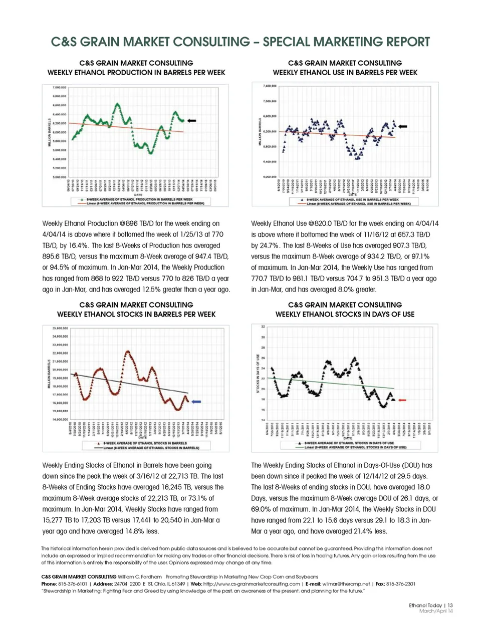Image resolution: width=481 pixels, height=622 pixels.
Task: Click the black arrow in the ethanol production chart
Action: pyautogui.click(x=191, y=121)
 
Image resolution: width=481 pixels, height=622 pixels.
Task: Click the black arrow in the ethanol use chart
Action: pyautogui.click(x=402, y=127)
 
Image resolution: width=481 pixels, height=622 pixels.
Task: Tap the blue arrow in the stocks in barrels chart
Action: pyautogui.click(x=196, y=402)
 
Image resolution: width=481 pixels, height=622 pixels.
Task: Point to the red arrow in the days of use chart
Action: pyautogui.click(x=402, y=400)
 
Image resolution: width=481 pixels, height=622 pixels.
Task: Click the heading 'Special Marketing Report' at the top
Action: pyautogui.click(x=346, y=42)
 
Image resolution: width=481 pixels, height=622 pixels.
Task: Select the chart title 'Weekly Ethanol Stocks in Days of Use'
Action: pyautogui.click(x=345, y=314)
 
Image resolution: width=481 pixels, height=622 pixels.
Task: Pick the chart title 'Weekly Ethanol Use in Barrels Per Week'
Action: pyautogui.click(x=345, y=73)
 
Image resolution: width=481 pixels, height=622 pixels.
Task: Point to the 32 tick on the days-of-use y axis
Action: pyautogui.click(x=263, y=327)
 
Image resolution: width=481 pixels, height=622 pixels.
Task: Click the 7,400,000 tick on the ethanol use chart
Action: pyautogui.click(x=270, y=86)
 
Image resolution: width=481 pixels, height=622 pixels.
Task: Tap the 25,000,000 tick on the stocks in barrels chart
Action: pyautogui.click(x=60, y=329)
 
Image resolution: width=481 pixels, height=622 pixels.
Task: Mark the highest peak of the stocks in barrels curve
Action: pyautogui.click(x=127, y=352)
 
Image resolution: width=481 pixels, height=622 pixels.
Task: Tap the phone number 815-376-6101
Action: pyautogui.click(x=72, y=583)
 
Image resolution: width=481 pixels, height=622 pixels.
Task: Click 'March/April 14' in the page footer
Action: pyautogui.click(x=435, y=611)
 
